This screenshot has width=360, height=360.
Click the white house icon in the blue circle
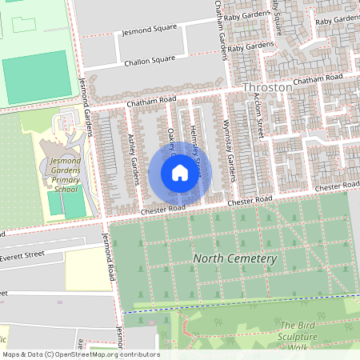point(180,173)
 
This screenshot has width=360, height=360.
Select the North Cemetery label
point(234,259)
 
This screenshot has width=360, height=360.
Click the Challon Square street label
point(148,60)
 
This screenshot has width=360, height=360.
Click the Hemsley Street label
point(194,132)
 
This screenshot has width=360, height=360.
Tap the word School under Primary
point(66,190)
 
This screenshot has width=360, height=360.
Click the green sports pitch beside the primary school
point(66,206)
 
